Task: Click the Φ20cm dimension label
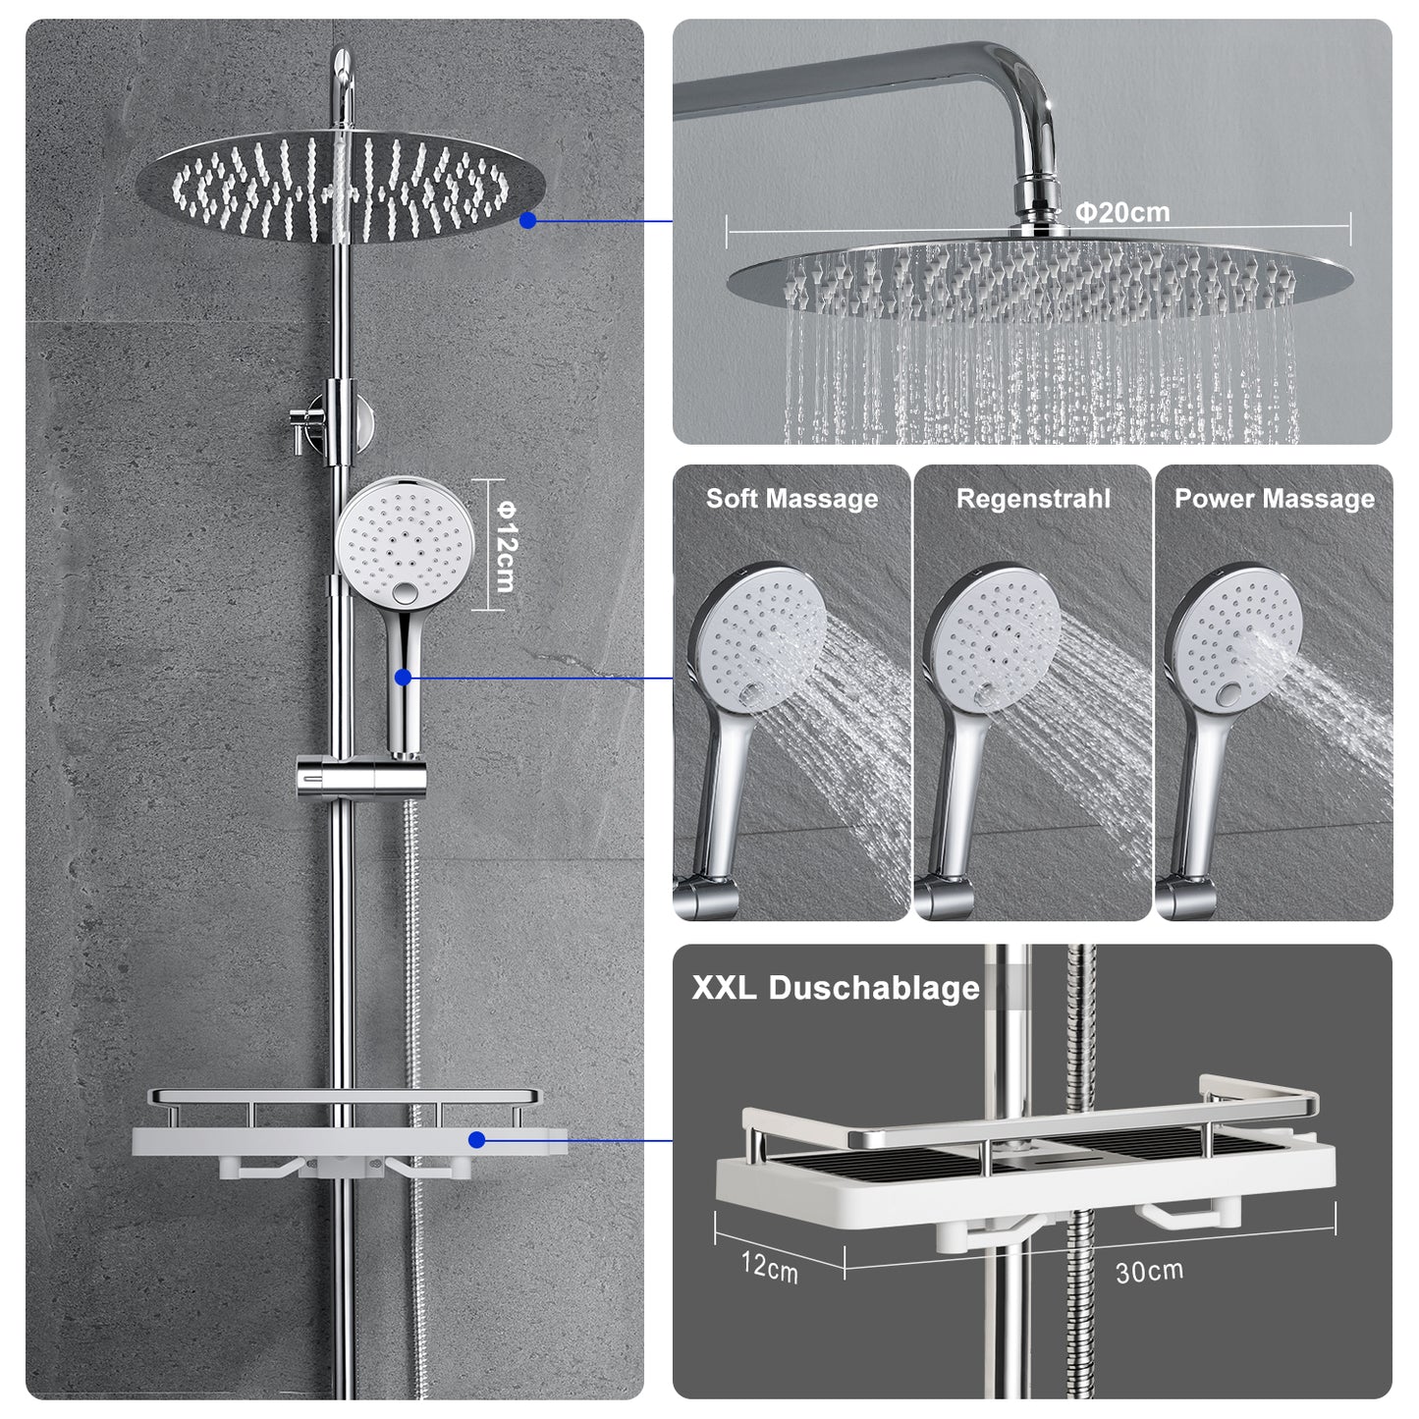[1122, 213]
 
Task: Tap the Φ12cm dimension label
[506, 546]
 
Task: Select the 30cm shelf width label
[1149, 1271]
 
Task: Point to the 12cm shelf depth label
[770, 1267]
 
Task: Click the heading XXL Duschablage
[836, 988]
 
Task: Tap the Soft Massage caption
[791, 499]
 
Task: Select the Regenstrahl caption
[1033, 499]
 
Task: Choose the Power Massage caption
[1275, 499]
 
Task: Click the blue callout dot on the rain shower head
[528, 220]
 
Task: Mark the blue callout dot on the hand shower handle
[403, 677]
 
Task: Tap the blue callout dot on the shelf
[476, 1140]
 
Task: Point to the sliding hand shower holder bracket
[360, 777]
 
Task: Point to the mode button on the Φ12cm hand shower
[404, 591]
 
